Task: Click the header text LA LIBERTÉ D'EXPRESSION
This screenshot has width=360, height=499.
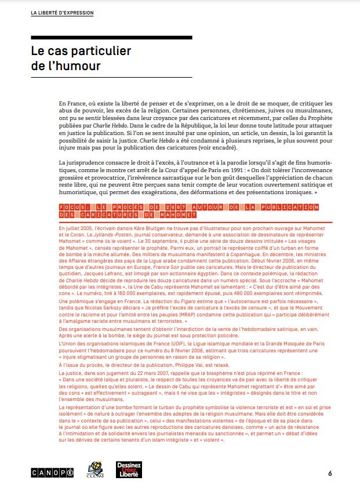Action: (x=62, y=12)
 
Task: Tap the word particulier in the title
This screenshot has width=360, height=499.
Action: (x=100, y=50)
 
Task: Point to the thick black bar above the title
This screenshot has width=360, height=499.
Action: (x=111, y=37)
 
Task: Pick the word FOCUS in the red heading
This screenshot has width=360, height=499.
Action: (x=72, y=207)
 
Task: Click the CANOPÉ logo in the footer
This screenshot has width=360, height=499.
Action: (x=52, y=473)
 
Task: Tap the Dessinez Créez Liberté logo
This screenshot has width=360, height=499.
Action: (x=128, y=470)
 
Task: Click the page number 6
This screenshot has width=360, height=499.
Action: (x=330, y=473)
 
